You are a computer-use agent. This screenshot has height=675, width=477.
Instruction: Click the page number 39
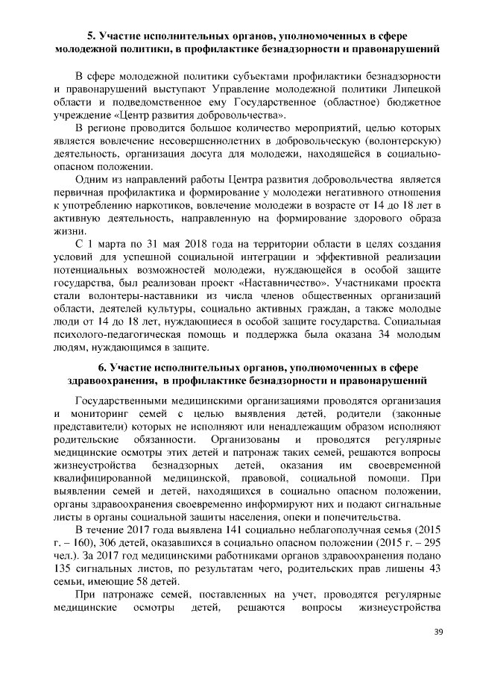click(x=437, y=632)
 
